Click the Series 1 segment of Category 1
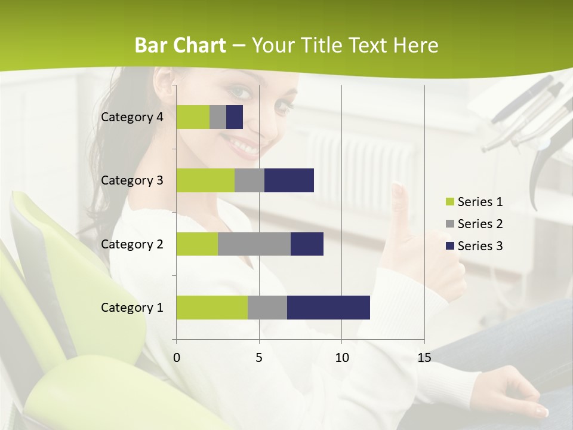click(x=212, y=308)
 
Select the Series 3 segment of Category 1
click(x=328, y=308)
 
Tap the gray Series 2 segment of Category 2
click(x=254, y=244)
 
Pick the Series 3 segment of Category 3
click(x=289, y=180)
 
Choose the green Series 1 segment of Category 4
click(x=193, y=117)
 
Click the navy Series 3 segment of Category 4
click(x=235, y=117)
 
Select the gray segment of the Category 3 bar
click(x=249, y=180)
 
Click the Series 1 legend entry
click(x=480, y=202)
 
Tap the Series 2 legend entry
click(x=480, y=224)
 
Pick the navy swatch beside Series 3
click(x=449, y=246)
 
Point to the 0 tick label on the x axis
click(x=176, y=358)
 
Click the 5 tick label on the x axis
click(x=259, y=358)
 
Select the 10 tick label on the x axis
click(x=341, y=358)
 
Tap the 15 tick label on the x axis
click(x=424, y=358)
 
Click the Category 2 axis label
click(x=132, y=244)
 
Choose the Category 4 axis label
click(x=132, y=117)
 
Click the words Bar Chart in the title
click(x=180, y=45)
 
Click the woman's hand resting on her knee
click(x=516, y=391)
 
